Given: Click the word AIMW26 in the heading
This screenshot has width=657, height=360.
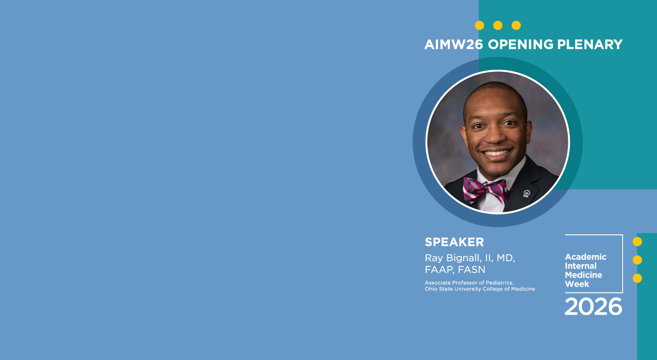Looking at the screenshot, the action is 453,45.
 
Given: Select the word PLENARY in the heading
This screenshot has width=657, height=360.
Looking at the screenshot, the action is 590,45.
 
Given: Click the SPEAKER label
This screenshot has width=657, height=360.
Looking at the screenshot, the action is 454,242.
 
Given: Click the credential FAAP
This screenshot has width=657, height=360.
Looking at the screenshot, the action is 439,270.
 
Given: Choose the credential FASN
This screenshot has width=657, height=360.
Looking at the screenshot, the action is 472,270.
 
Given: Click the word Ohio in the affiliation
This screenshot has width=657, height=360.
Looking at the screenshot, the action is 431,289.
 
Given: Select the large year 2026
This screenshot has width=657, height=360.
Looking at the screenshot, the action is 593,307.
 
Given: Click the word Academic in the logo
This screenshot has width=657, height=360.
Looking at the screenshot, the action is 585,257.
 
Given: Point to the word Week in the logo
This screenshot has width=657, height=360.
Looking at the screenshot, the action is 577,284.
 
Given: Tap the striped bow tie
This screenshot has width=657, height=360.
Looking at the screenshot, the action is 486,190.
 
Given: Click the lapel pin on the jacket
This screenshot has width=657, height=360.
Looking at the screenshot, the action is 526,193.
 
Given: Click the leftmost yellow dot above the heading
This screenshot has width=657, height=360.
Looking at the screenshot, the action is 479,25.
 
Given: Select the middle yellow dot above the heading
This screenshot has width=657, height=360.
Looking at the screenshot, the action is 498,25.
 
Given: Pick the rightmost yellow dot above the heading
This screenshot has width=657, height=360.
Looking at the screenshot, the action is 516,25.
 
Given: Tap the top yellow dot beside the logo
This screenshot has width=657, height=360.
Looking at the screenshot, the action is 637,242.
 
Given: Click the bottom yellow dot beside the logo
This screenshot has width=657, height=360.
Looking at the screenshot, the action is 637,278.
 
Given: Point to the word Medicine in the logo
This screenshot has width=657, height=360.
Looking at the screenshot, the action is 584,275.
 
